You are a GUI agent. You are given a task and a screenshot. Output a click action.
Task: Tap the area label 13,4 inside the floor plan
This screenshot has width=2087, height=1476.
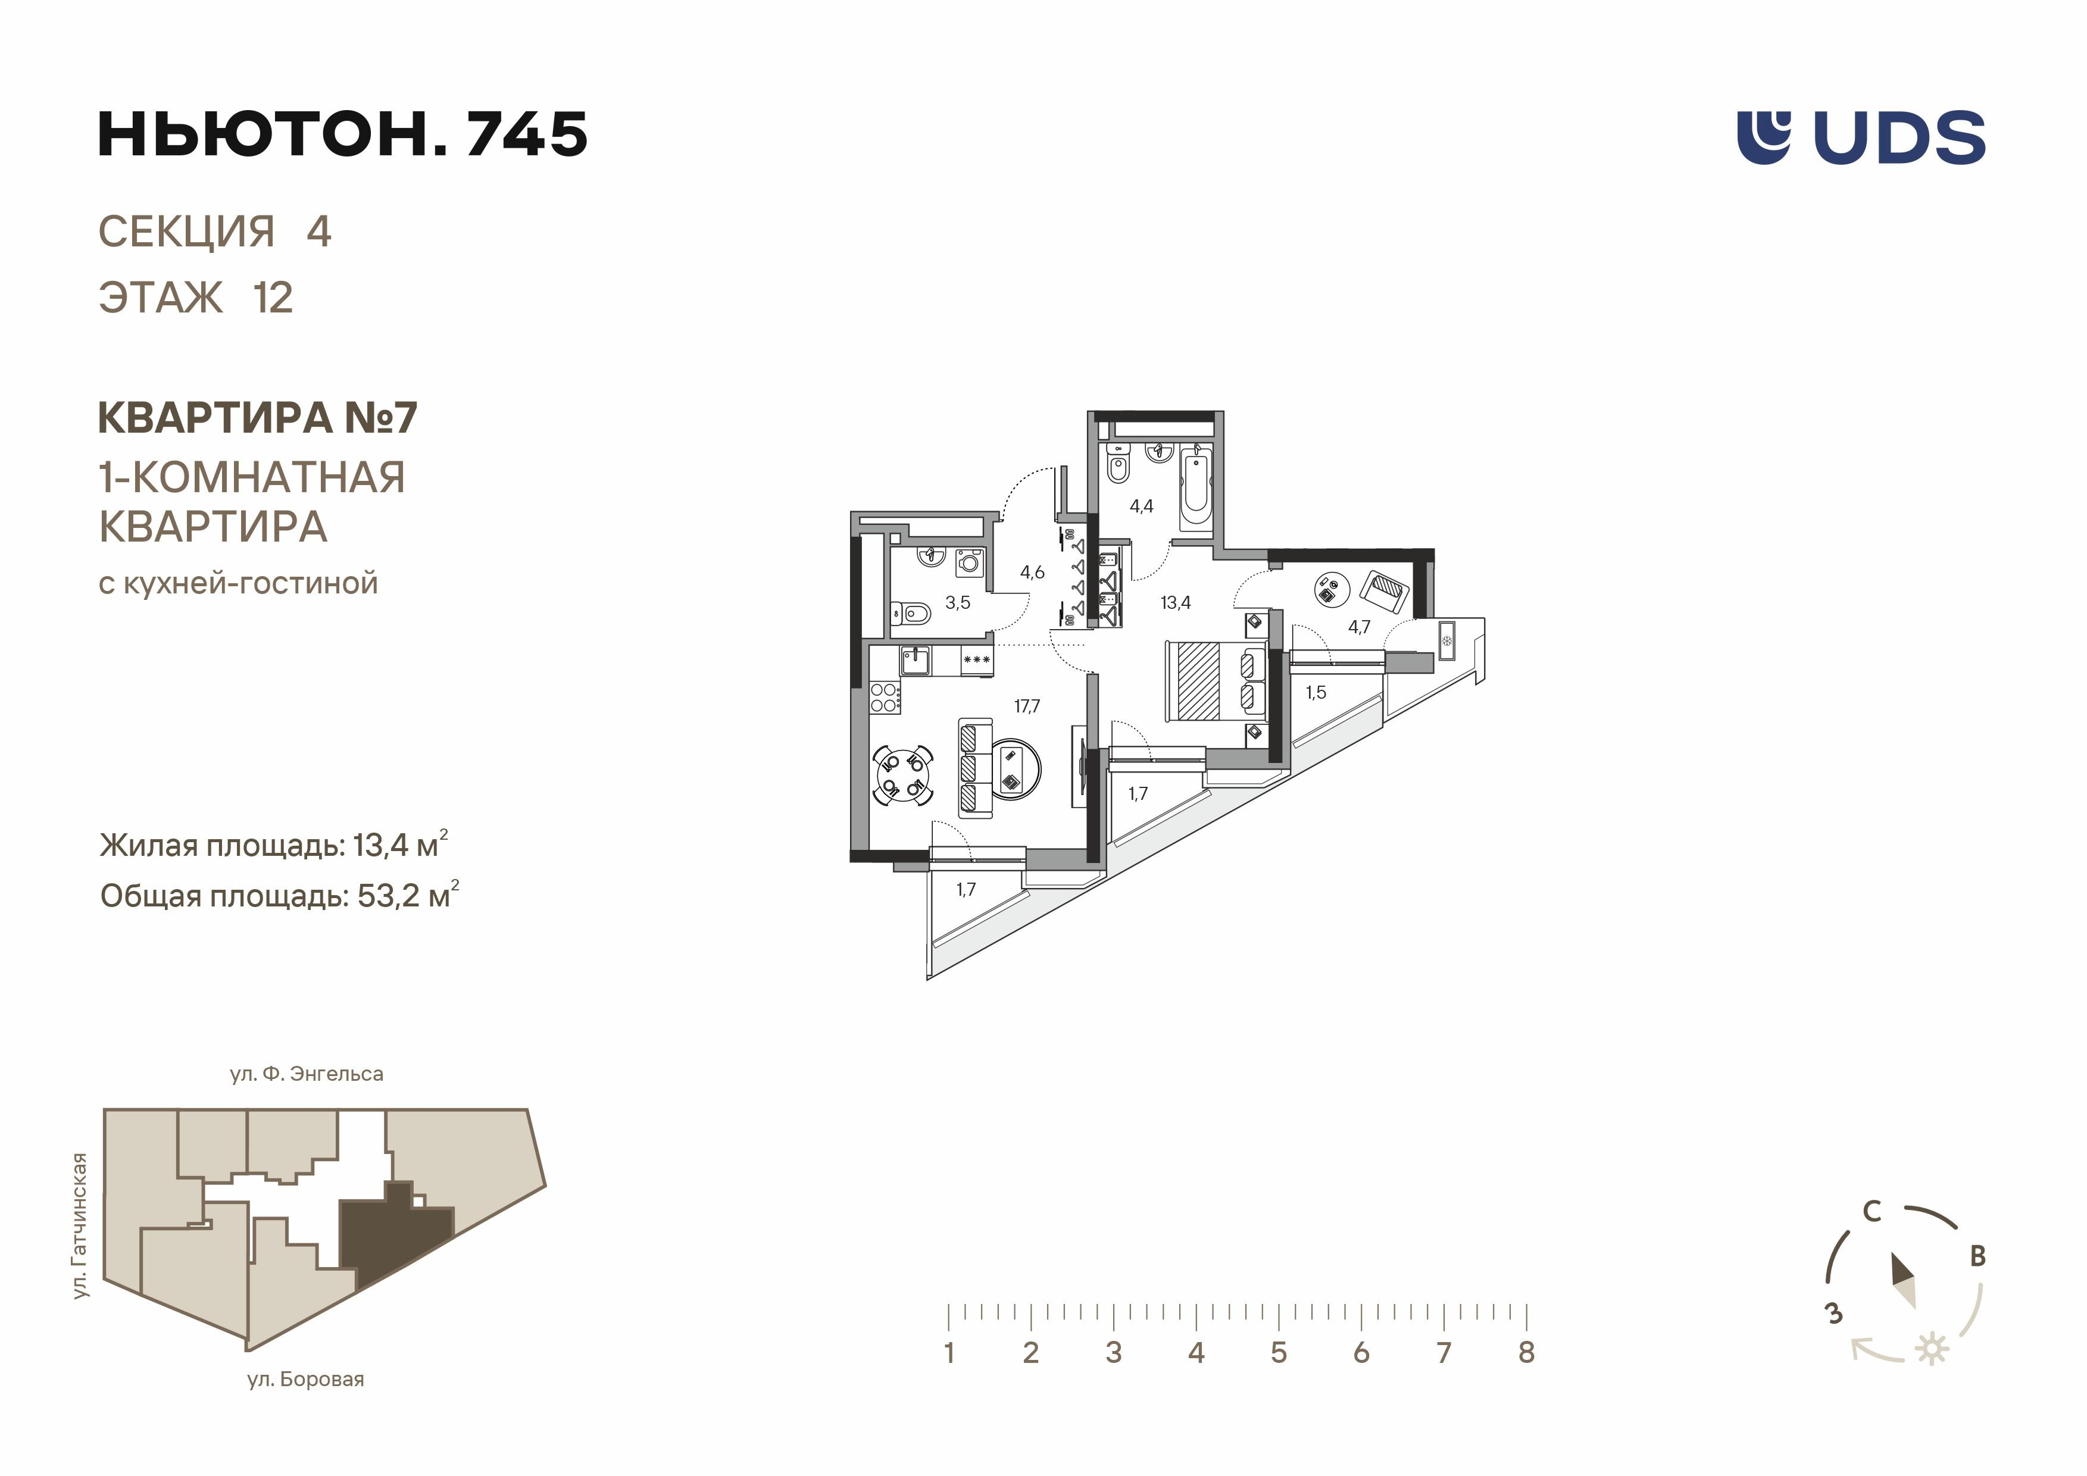(x=1175, y=602)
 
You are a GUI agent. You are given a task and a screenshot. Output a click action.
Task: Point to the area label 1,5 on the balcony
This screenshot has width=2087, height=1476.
(x=1316, y=693)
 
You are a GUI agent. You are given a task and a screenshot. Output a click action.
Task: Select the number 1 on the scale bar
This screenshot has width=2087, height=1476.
(x=949, y=1352)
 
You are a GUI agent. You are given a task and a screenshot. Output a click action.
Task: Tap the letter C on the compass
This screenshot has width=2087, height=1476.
(x=1872, y=1212)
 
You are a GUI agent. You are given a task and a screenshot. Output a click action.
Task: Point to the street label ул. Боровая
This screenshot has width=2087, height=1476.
(x=305, y=1380)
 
